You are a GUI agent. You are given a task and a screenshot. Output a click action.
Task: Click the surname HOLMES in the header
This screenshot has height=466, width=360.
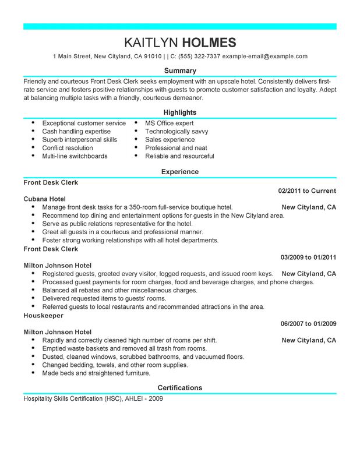[210, 43]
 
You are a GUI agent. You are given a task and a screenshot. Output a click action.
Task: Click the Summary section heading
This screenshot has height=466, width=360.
[180, 70]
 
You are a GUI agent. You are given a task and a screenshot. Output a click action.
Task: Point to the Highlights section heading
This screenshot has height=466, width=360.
[180, 112]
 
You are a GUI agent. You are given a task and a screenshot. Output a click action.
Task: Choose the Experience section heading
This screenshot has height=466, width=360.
[180, 172]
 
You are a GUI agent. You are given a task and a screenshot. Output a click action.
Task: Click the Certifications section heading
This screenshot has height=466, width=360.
[180, 387]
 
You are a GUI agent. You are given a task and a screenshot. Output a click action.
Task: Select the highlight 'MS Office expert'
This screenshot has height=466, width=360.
[170, 123]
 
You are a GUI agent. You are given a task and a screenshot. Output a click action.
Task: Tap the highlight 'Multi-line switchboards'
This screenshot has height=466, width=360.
[75, 156]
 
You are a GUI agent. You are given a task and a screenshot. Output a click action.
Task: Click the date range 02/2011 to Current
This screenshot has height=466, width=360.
[307, 190]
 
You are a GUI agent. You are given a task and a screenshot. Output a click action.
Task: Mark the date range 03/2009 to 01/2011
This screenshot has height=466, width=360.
[307, 257]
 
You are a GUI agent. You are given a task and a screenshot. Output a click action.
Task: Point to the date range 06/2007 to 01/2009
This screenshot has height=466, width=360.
[307, 323]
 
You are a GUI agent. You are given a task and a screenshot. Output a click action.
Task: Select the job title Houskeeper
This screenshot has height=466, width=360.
[44, 315]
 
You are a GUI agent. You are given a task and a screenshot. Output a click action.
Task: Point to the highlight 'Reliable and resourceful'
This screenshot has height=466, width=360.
[179, 156]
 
